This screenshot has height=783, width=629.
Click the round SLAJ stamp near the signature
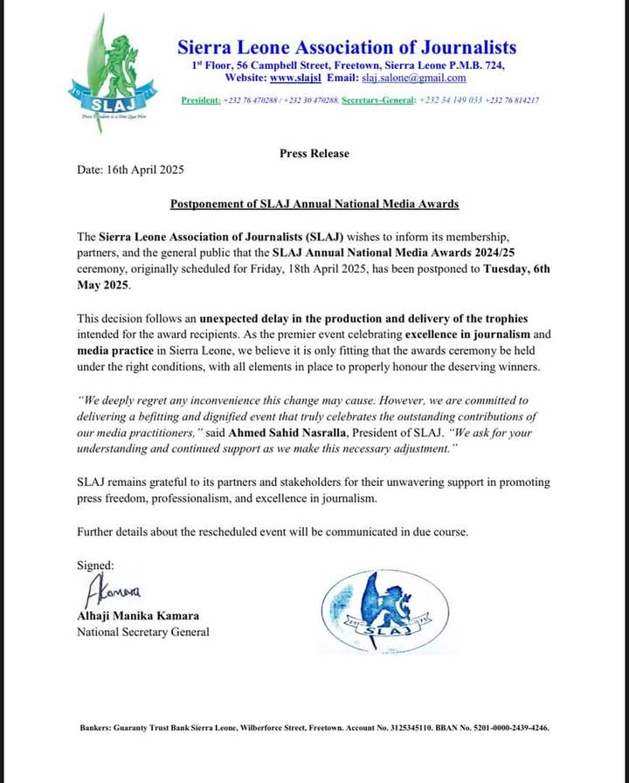(388, 609)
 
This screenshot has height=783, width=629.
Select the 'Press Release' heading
(314, 154)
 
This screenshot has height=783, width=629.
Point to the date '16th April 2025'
(149, 170)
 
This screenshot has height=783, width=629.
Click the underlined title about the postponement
(314, 204)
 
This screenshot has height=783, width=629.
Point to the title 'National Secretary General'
(143, 632)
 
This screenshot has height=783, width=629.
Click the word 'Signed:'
(95, 565)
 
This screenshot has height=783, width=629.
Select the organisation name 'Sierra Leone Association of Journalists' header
(347, 47)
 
